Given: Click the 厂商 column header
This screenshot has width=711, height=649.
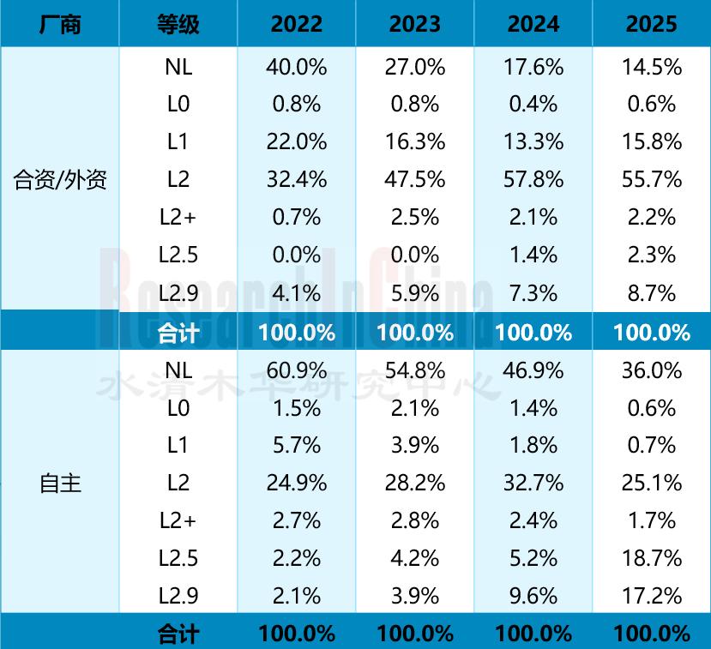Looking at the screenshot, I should click(x=59, y=24).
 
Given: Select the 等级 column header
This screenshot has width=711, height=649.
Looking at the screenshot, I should click(x=178, y=24).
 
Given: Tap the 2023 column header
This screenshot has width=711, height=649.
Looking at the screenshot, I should click(x=415, y=24).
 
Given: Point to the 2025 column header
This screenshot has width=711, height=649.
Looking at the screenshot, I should click(x=652, y=24).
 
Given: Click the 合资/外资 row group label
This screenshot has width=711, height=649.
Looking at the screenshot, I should click(x=60, y=180).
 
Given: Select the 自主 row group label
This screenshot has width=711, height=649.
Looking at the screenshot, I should click(x=60, y=484).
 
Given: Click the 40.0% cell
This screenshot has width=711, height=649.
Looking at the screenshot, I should click(x=297, y=67).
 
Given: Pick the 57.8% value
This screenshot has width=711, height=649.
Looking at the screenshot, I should click(x=533, y=180).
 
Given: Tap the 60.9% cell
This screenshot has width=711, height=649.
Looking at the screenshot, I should click(x=297, y=370).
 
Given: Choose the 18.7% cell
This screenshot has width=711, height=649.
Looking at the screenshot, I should click(x=652, y=559).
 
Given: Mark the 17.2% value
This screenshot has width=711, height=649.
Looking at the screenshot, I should click(x=652, y=597).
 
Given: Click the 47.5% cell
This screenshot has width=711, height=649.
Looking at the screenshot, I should click(x=415, y=180).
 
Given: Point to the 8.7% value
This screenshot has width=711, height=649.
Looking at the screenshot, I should click(x=652, y=293).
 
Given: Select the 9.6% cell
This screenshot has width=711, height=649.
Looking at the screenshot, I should click(x=533, y=597).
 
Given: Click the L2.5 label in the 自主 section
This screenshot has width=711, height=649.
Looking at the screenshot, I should click(x=178, y=559).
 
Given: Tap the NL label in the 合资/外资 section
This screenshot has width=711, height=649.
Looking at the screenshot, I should click(x=178, y=67).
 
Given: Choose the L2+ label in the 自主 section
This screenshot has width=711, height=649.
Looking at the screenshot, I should click(x=178, y=521).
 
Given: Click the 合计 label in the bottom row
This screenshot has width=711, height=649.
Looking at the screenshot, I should click(x=178, y=634).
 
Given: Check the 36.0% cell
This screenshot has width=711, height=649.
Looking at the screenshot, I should click(x=652, y=370).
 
